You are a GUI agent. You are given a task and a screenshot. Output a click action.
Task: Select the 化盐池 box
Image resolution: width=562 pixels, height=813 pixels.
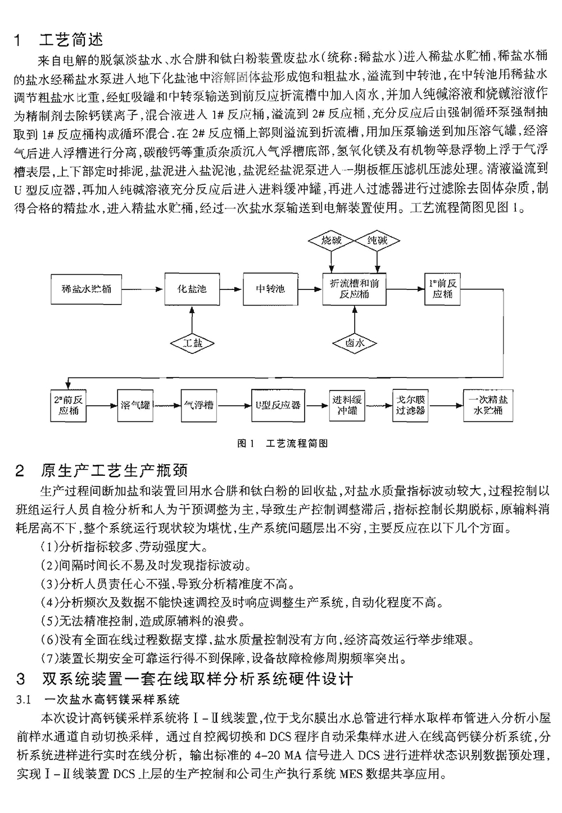tap(192, 289)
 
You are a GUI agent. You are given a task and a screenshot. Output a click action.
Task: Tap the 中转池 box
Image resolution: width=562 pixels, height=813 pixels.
tap(270, 289)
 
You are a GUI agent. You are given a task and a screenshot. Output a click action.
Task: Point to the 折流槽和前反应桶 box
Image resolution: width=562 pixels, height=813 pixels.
tap(355, 289)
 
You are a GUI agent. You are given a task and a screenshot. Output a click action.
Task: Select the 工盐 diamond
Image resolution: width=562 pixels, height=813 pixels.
tap(192, 342)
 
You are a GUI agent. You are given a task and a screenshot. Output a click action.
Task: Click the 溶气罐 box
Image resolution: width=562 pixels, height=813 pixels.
tap(135, 405)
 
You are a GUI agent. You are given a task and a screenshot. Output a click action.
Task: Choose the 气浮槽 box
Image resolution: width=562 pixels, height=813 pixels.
tap(199, 405)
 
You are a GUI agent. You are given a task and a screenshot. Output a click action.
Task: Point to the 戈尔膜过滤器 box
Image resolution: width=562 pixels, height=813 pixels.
tap(410, 405)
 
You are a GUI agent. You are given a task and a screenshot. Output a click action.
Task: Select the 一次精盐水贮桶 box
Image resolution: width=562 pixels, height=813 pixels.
tap(487, 405)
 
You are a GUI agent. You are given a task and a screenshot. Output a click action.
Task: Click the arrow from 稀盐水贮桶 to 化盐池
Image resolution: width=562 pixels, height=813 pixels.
tap(143, 289)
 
